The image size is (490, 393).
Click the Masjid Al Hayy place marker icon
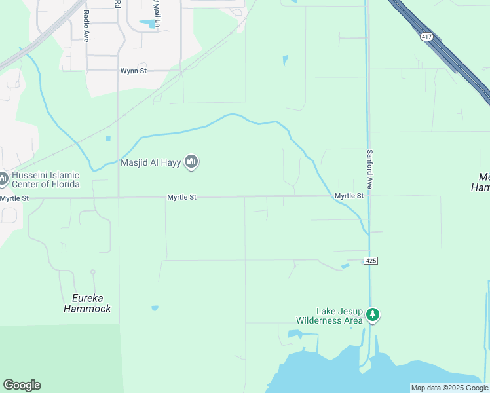pyautogui.click(x=191, y=161)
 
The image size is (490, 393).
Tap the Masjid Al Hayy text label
pyautogui.click(x=151, y=162)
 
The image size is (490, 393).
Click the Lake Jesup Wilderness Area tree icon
pyautogui.click(x=373, y=315)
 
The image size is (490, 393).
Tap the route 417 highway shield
pyautogui.click(x=427, y=37)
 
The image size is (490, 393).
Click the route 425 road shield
pyautogui.click(x=371, y=261)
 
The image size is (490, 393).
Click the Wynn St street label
pyautogui.click(x=133, y=71)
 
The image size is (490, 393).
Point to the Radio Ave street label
pyautogui.click(x=86, y=26)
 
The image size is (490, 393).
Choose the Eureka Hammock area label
pyautogui.click(x=86, y=303)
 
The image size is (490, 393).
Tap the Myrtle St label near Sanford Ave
pyautogui.click(x=349, y=196)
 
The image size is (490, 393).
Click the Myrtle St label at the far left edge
pyautogui.click(x=14, y=198)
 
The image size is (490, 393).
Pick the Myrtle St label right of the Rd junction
pyautogui.click(x=182, y=196)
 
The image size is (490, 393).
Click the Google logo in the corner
pyautogui.click(x=22, y=385)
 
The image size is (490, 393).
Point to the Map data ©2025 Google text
pyautogui.click(x=449, y=388)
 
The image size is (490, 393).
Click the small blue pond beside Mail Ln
pyautogui.click(x=148, y=24)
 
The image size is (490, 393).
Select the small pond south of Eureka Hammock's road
pyautogui.click(x=155, y=308)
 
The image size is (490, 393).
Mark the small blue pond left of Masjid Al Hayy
pyautogui.click(x=108, y=138)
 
